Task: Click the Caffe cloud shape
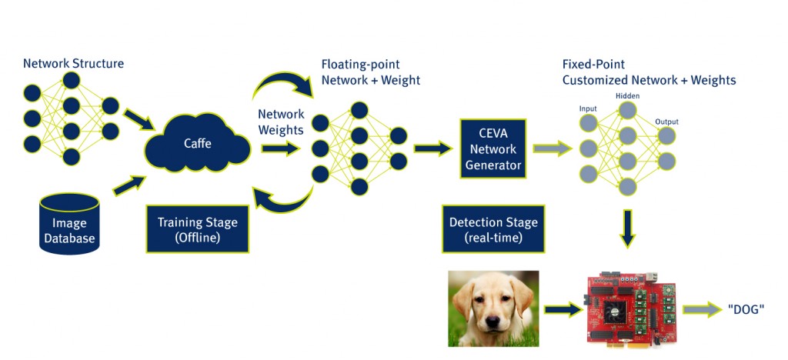coord(198,143)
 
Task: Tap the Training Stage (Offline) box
coord(197,228)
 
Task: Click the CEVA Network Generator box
coord(493,148)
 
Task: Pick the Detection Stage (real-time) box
coord(493,228)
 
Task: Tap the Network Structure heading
coord(73,64)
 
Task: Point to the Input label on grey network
coord(588,108)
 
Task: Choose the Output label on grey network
coord(666,122)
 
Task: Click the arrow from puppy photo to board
coord(563,309)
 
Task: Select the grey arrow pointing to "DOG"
coord(702,309)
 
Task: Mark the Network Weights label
coord(281,122)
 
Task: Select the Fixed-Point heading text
coord(594,65)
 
